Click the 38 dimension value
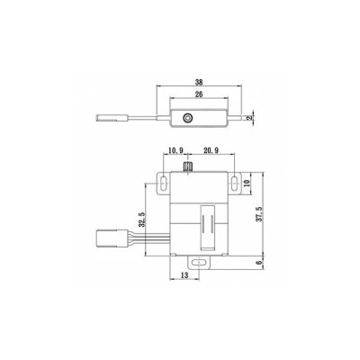(x=199, y=82)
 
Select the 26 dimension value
(x=199, y=94)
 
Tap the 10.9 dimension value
(x=175, y=150)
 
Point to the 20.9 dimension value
(x=211, y=150)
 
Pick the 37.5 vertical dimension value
(x=260, y=214)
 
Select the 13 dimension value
(x=184, y=275)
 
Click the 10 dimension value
(x=247, y=184)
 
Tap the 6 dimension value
(x=260, y=262)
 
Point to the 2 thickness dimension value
(x=248, y=118)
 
